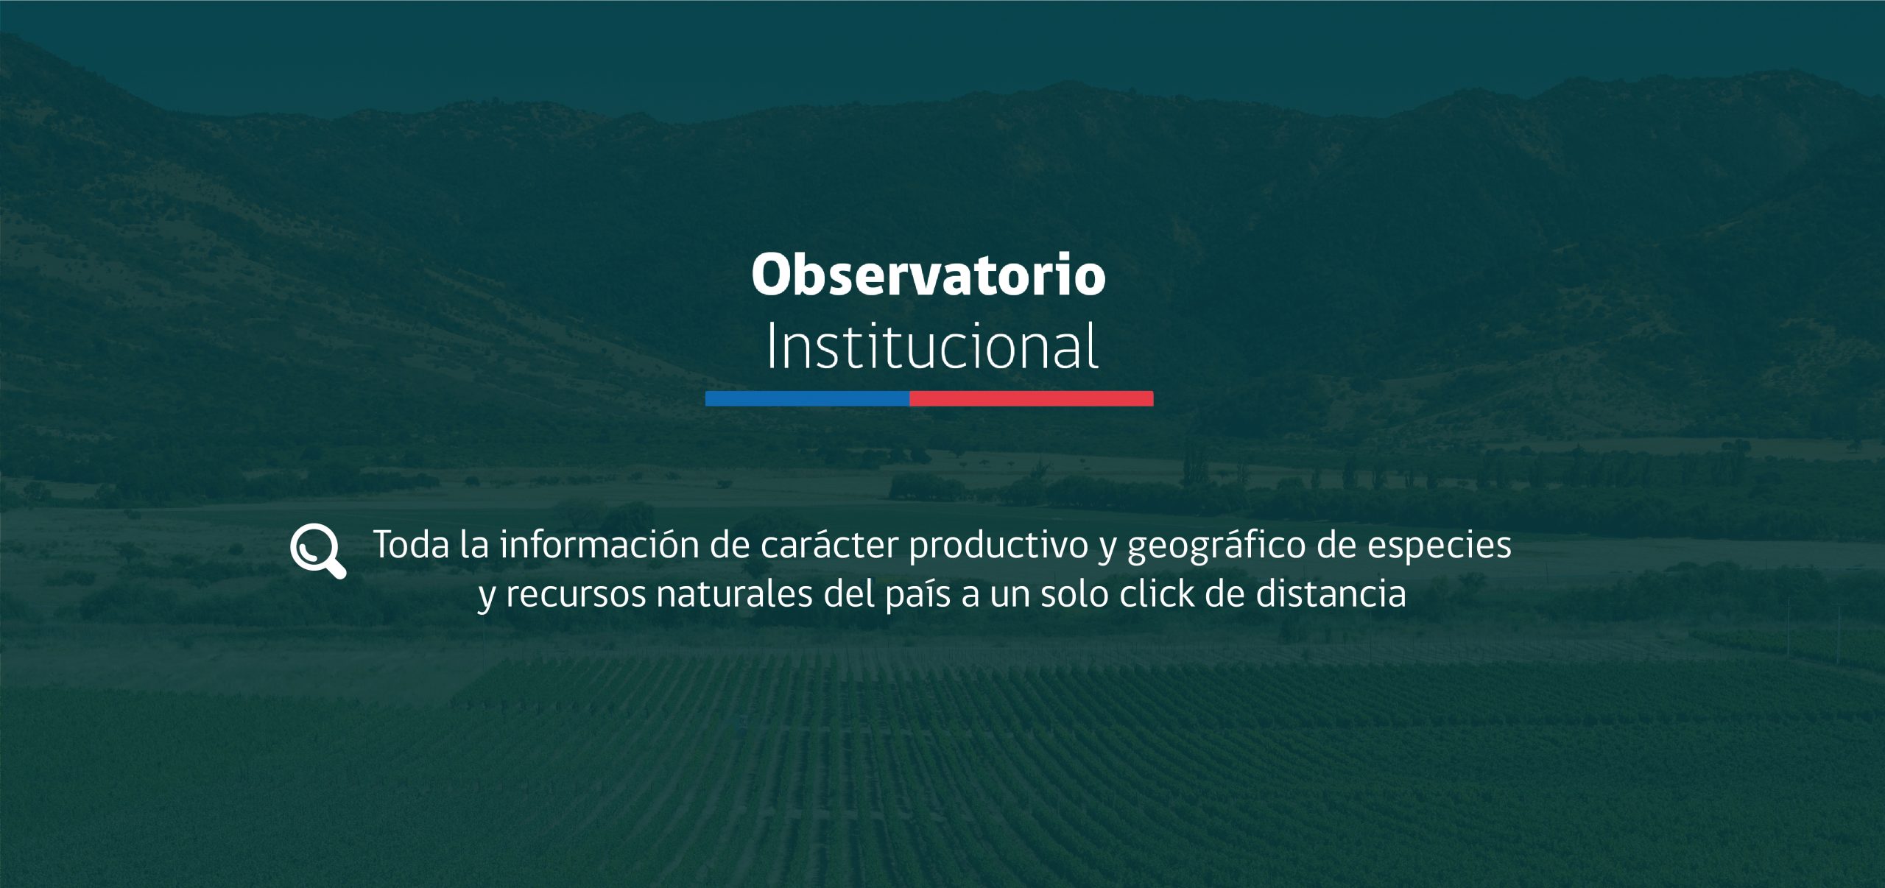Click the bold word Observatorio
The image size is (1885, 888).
[929, 275]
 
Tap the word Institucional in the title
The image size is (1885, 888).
[932, 345]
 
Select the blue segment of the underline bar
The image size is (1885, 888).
[807, 398]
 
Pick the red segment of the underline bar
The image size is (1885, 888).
[1032, 398]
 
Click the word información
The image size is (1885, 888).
[599, 545]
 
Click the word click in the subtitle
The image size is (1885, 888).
[1157, 593]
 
